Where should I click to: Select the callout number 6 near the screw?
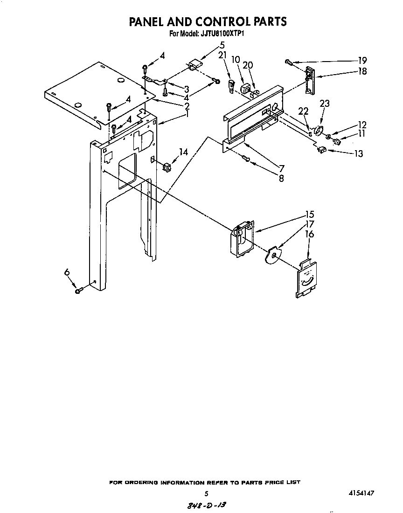coord(67,272)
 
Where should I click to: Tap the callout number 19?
coord(362,60)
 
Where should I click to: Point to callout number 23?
coord(325,104)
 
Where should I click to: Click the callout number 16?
coord(309,234)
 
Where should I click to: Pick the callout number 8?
coord(281,178)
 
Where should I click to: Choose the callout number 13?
coord(358,153)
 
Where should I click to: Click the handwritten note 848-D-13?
coord(206,506)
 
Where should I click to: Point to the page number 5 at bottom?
coord(206,493)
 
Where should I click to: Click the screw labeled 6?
coord(78,291)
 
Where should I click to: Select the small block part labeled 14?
coord(167,165)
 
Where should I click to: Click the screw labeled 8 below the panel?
coord(248,160)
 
